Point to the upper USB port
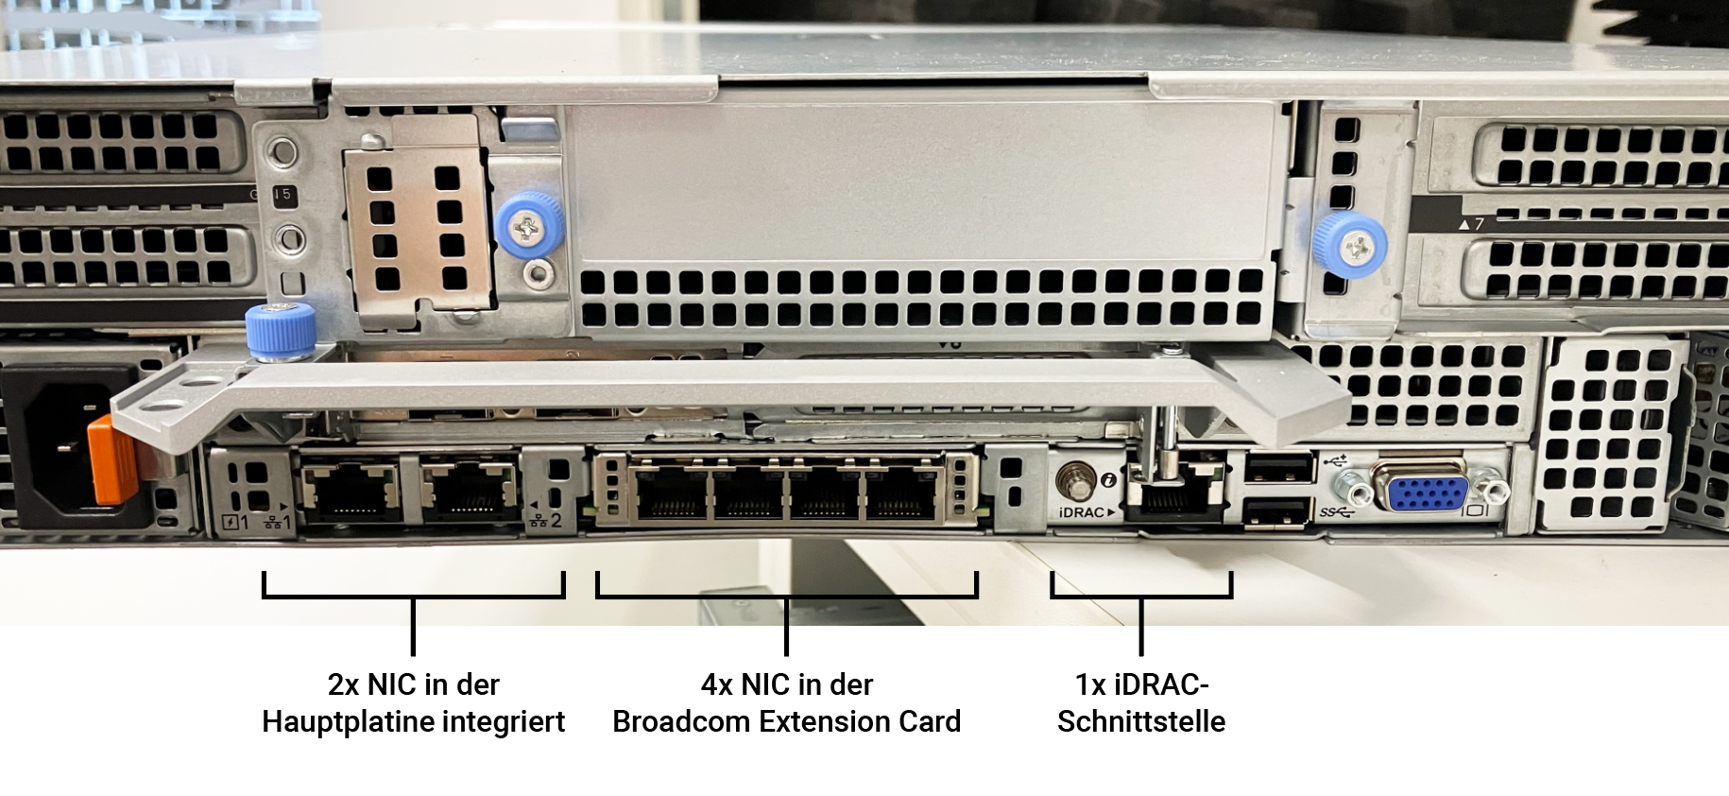(1279, 469)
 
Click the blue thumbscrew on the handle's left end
(280, 332)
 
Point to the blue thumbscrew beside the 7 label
(1351, 245)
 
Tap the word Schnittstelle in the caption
(1141, 721)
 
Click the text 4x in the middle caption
(717, 684)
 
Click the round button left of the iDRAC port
(1075, 479)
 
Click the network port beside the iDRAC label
(1172, 493)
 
